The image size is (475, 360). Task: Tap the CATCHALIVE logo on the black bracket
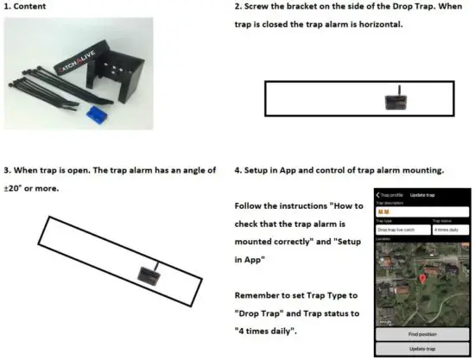click(x=74, y=64)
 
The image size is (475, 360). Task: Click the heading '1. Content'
click(x=28, y=7)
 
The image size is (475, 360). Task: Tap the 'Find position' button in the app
click(x=422, y=332)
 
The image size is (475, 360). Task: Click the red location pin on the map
click(x=421, y=279)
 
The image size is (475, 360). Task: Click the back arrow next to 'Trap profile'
click(x=378, y=194)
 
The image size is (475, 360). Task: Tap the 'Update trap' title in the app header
click(x=422, y=194)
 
